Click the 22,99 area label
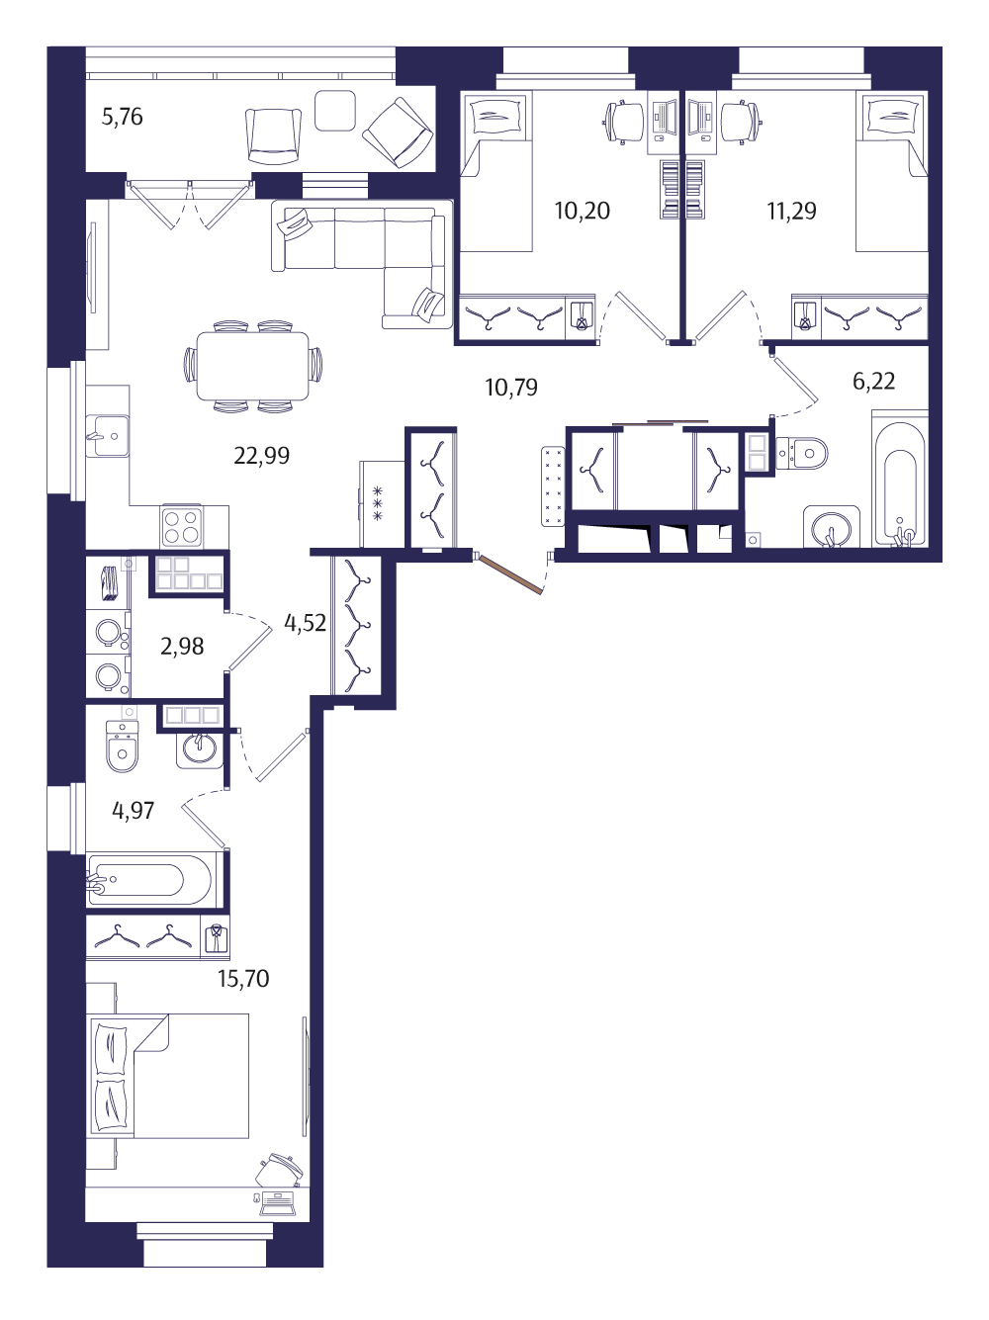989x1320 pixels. pyautogui.click(x=261, y=456)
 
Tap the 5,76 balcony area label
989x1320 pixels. pyautogui.click(x=122, y=117)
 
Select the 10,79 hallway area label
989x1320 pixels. pyautogui.click(x=511, y=388)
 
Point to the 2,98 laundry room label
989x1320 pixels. pyautogui.click(x=182, y=647)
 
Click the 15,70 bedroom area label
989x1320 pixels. pyautogui.click(x=243, y=979)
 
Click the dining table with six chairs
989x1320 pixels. pyautogui.click(x=252, y=366)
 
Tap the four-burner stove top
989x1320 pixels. pyautogui.click(x=181, y=526)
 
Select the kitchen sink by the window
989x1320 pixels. pyautogui.click(x=107, y=435)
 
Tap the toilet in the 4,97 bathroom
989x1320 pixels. pyautogui.click(x=122, y=746)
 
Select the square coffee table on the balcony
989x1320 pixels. pyautogui.click(x=335, y=110)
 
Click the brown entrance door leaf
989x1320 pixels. pyautogui.click(x=510, y=574)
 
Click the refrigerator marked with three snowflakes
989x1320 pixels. pyautogui.click(x=381, y=504)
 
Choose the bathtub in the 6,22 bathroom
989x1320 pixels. pyautogui.click(x=899, y=480)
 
